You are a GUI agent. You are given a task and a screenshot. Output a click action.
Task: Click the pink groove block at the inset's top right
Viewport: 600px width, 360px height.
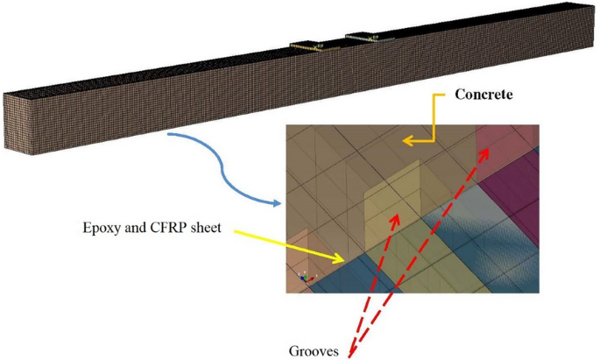point(505,140)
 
